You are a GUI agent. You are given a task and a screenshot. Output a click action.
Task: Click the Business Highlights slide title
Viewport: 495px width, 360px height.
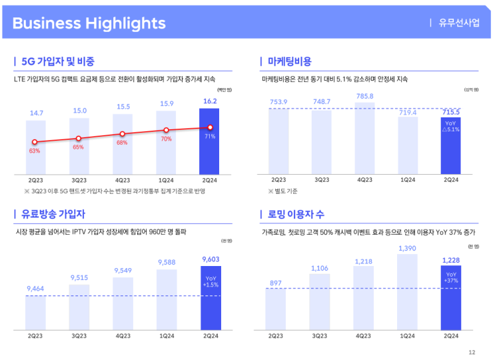pos(89,23)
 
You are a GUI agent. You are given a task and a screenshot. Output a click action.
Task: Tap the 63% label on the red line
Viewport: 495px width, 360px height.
pos(35,151)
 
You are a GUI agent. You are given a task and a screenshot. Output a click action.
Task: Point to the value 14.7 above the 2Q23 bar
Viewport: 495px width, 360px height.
pos(37,113)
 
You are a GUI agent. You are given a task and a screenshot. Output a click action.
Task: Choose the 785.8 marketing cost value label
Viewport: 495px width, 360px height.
pos(365,97)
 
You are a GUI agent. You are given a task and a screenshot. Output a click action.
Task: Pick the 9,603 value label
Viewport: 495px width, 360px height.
pos(211,259)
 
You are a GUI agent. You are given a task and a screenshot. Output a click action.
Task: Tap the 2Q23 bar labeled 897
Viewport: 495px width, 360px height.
pos(275,310)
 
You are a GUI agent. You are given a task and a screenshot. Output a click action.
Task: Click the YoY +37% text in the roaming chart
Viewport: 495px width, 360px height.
pos(451,277)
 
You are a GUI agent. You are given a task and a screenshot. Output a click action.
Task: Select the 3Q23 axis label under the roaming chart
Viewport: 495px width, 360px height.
pos(318,336)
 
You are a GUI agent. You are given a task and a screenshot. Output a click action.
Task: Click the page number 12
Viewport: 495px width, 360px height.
pos(472,353)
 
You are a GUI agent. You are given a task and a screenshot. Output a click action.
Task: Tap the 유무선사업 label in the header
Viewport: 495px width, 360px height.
pos(459,23)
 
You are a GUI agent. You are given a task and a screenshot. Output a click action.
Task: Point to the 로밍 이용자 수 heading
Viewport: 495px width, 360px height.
pos(296,214)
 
